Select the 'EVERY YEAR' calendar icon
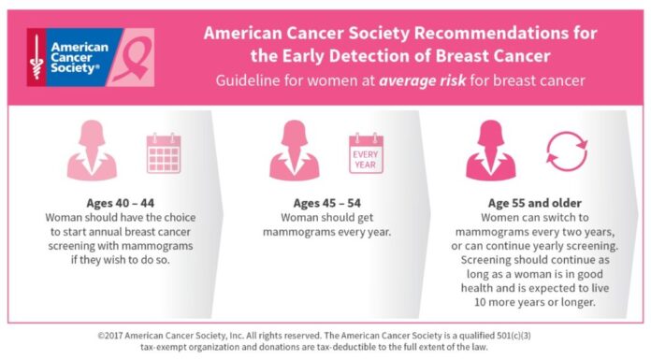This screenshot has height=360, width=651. [x=366, y=152]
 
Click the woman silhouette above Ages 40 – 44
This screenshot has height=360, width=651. [x=91, y=151]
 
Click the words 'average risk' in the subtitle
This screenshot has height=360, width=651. [x=416, y=80]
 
